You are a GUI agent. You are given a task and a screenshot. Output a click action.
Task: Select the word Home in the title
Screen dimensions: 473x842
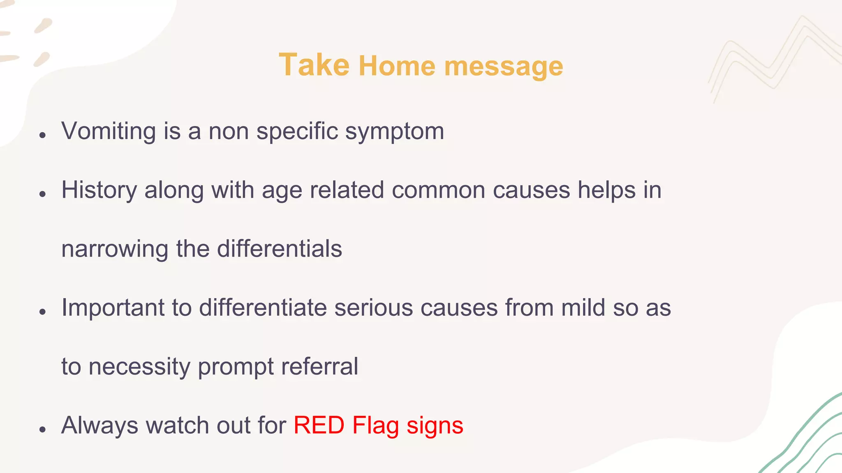point(397,66)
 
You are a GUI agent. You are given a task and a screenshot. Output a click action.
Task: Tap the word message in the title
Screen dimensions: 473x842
point(504,67)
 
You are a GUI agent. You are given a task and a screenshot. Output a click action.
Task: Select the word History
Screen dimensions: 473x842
point(99,190)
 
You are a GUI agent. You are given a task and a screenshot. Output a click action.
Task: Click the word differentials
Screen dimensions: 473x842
point(279,249)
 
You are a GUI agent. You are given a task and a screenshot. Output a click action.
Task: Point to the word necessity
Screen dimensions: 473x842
point(139,367)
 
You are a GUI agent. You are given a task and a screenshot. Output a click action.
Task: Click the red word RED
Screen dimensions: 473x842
point(319,425)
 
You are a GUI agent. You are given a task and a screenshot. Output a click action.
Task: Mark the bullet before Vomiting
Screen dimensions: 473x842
point(42,135)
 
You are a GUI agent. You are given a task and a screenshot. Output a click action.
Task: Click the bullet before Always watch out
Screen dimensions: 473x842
point(42,429)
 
